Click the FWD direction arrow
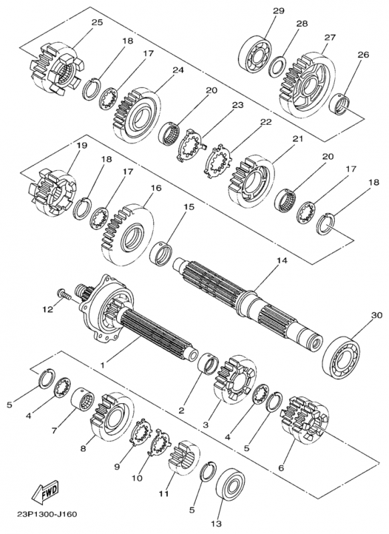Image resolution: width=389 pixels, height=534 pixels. tap(45, 492)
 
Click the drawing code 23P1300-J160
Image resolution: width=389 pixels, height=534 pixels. tap(47, 514)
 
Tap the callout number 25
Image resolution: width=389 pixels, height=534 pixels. tap(97, 23)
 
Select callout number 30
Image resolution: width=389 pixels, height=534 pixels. tap(376, 315)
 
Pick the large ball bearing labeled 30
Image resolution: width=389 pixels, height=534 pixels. tap(342, 356)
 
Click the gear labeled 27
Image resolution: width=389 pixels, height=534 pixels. tap(307, 81)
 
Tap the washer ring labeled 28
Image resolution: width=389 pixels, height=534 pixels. tap(277, 66)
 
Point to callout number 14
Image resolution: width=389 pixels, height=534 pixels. tap(282, 261)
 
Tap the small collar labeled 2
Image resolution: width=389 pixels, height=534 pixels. tap(208, 364)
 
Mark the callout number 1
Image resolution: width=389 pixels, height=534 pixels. tap(103, 364)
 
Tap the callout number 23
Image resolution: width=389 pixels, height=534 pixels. tap(238, 105)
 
